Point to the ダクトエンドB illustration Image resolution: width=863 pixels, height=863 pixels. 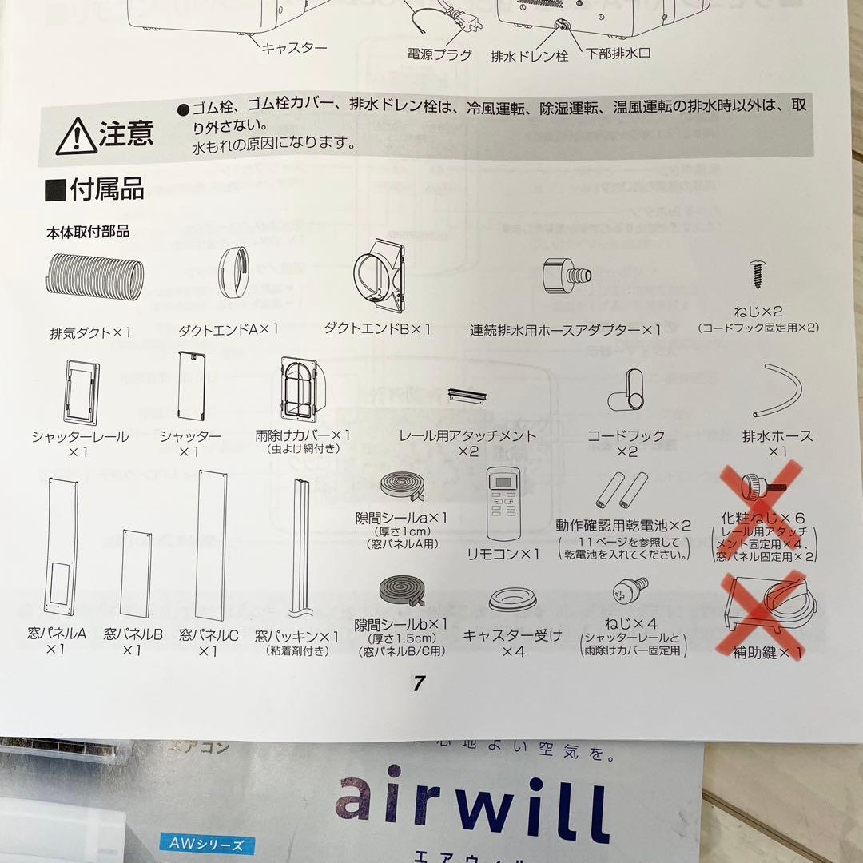tap(377, 279)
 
